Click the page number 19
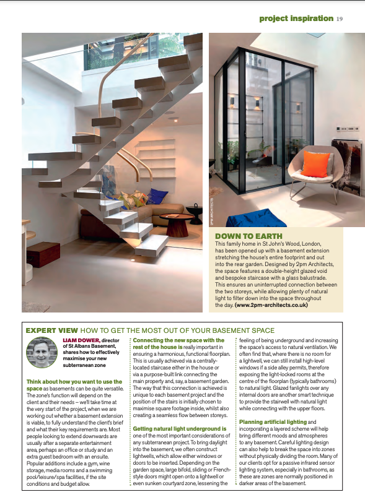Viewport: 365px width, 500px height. tap(340, 18)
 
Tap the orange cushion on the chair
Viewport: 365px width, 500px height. tap(316, 164)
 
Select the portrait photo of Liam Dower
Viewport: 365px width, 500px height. tap(42, 353)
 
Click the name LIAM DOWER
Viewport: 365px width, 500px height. tap(81, 340)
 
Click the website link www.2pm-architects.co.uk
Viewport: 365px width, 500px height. tap(271, 305)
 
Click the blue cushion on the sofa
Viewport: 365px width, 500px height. tap(157, 197)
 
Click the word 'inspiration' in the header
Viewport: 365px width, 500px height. tap(315, 18)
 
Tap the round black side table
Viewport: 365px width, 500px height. tap(195, 213)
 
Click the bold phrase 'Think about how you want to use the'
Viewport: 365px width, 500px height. tap(74, 382)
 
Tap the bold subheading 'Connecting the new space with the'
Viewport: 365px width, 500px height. tap(178, 340)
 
